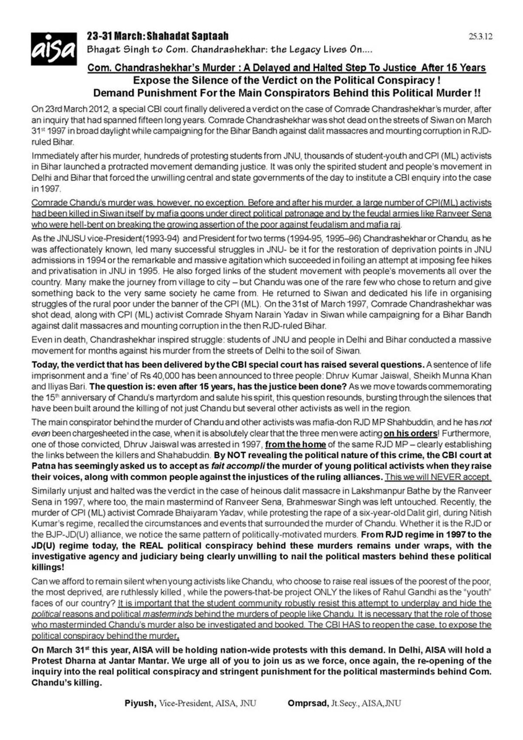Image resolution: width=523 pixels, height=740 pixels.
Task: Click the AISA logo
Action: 54,49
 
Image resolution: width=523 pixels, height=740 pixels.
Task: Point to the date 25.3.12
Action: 480,37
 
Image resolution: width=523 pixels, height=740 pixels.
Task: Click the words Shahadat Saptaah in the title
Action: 187,36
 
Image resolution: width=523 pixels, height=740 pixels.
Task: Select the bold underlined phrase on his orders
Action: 410,433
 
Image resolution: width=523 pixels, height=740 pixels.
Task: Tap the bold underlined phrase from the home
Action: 295,444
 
